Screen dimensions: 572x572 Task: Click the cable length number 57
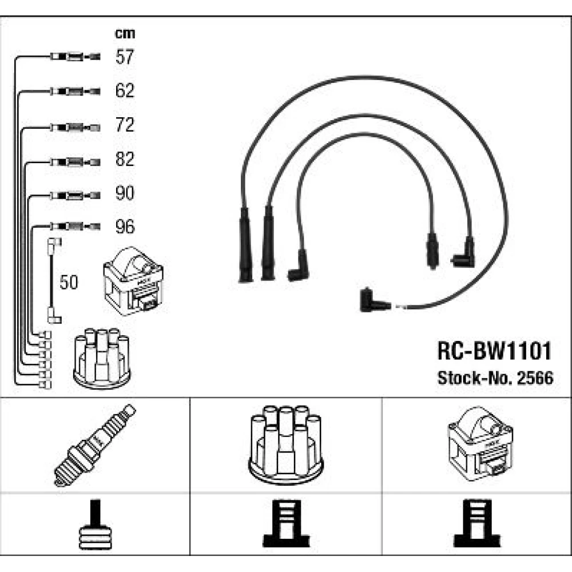(x=125, y=57)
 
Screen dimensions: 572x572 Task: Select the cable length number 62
(x=125, y=90)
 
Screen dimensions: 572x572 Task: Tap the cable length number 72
(x=125, y=125)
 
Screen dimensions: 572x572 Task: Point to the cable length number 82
(x=125, y=159)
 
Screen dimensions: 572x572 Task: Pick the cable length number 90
(x=125, y=193)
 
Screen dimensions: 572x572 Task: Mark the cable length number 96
(x=125, y=227)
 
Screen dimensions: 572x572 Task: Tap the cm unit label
(x=125, y=34)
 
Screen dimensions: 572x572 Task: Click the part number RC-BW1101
(x=495, y=350)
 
